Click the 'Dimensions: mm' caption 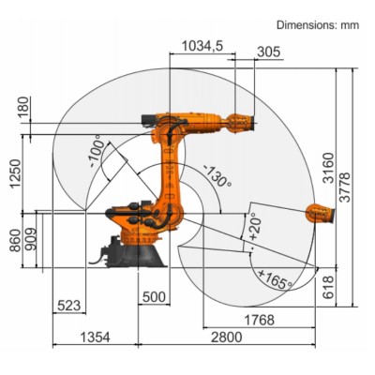tap(316, 25)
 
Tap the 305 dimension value tap(267, 52)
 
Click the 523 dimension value tap(68, 305)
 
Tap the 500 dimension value tap(155, 298)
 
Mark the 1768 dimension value tap(260, 321)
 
